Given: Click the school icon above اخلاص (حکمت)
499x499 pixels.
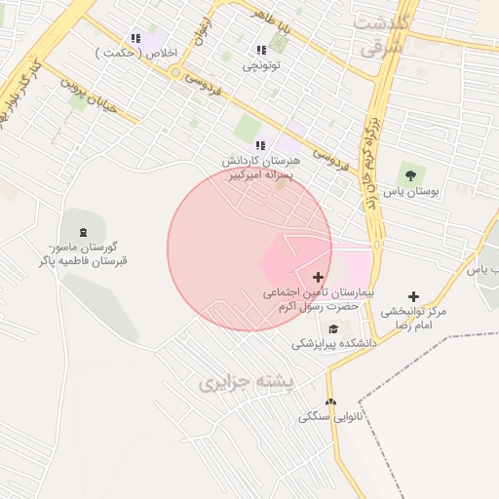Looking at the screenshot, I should (135, 38).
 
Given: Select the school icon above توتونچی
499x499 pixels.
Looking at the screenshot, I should (260, 50).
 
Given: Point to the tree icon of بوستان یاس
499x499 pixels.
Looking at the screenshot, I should (409, 175).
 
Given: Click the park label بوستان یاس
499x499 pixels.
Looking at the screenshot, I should (411, 192).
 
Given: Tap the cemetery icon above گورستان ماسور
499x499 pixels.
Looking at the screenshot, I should (82, 232).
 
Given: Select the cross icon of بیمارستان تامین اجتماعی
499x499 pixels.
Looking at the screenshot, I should (318, 277).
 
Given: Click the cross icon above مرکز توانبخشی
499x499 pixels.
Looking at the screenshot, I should (413, 296).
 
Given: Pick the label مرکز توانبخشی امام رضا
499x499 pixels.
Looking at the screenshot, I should (413, 318).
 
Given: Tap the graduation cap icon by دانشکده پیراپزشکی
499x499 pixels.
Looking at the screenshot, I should (333, 328).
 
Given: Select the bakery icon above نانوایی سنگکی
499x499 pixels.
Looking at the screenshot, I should (330, 402).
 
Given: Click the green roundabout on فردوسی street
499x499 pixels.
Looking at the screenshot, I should (175, 72).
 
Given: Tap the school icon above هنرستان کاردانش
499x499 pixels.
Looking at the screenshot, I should (260, 144).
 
